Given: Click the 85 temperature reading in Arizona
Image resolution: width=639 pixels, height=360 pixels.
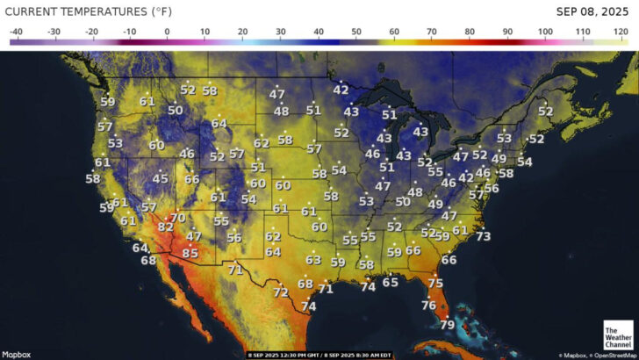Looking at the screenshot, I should (190, 253).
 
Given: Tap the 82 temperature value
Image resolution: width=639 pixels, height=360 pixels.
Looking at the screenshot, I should (165, 227).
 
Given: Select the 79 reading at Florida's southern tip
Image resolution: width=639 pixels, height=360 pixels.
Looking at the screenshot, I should (447, 325).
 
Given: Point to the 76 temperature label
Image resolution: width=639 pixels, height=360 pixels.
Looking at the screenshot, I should (428, 305).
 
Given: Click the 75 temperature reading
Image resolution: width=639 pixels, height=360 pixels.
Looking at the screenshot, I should (435, 283).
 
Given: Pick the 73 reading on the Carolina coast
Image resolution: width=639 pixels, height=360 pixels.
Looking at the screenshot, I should (483, 236).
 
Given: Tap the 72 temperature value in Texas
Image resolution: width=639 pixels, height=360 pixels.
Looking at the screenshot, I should (281, 292).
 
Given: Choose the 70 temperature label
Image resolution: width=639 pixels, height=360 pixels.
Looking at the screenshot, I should (177, 218).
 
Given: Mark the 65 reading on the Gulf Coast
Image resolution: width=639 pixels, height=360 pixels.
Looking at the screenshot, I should (391, 282).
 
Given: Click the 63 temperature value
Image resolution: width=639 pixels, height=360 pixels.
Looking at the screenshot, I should (313, 260).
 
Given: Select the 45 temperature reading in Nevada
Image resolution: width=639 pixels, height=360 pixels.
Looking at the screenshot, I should (160, 178).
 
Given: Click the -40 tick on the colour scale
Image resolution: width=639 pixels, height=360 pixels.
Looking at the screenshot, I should (16, 32).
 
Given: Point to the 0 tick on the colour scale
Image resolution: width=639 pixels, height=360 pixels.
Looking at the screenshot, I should (167, 32).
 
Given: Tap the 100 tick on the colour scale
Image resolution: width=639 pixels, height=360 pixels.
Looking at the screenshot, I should (546, 32).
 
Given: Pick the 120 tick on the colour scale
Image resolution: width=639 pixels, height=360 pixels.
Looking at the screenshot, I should (621, 32).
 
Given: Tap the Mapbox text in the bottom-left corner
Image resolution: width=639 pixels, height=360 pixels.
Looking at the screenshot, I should (17, 354).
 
